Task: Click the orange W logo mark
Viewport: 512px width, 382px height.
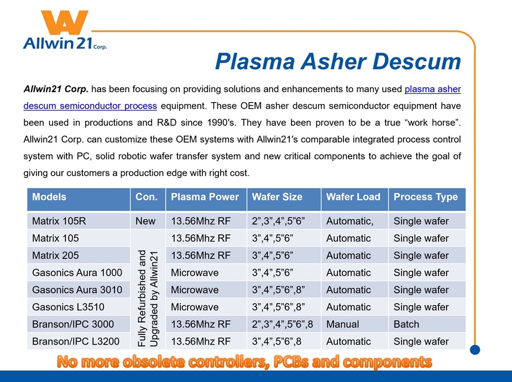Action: click(x=64, y=22)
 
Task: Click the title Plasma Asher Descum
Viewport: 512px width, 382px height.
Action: click(x=338, y=61)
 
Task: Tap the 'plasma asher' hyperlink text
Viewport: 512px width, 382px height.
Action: click(x=432, y=89)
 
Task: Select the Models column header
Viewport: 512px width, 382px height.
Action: click(x=49, y=197)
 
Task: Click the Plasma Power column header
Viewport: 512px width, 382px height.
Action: click(x=205, y=197)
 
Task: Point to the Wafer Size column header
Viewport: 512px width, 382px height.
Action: click(x=277, y=197)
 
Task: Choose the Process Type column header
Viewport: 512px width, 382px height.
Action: click(x=426, y=197)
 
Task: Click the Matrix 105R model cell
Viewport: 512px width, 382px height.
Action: click(x=59, y=221)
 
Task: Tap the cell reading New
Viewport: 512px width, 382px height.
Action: click(x=145, y=221)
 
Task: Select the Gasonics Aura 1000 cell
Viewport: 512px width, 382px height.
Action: click(x=77, y=273)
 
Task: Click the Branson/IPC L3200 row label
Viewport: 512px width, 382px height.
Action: click(x=76, y=341)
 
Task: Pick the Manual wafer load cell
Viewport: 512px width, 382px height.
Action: click(x=342, y=324)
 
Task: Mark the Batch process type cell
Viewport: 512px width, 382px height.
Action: click(x=406, y=324)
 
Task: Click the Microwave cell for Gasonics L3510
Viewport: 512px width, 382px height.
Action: click(x=195, y=307)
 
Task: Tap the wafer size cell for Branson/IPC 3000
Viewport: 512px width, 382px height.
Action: click(x=283, y=324)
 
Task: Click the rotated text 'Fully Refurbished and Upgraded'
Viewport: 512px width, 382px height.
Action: click(x=148, y=298)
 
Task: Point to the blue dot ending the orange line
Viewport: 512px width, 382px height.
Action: click(x=475, y=350)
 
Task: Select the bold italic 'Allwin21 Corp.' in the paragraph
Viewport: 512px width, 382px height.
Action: click(x=56, y=89)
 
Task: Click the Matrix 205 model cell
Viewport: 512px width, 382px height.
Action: click(x=55, y=255)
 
